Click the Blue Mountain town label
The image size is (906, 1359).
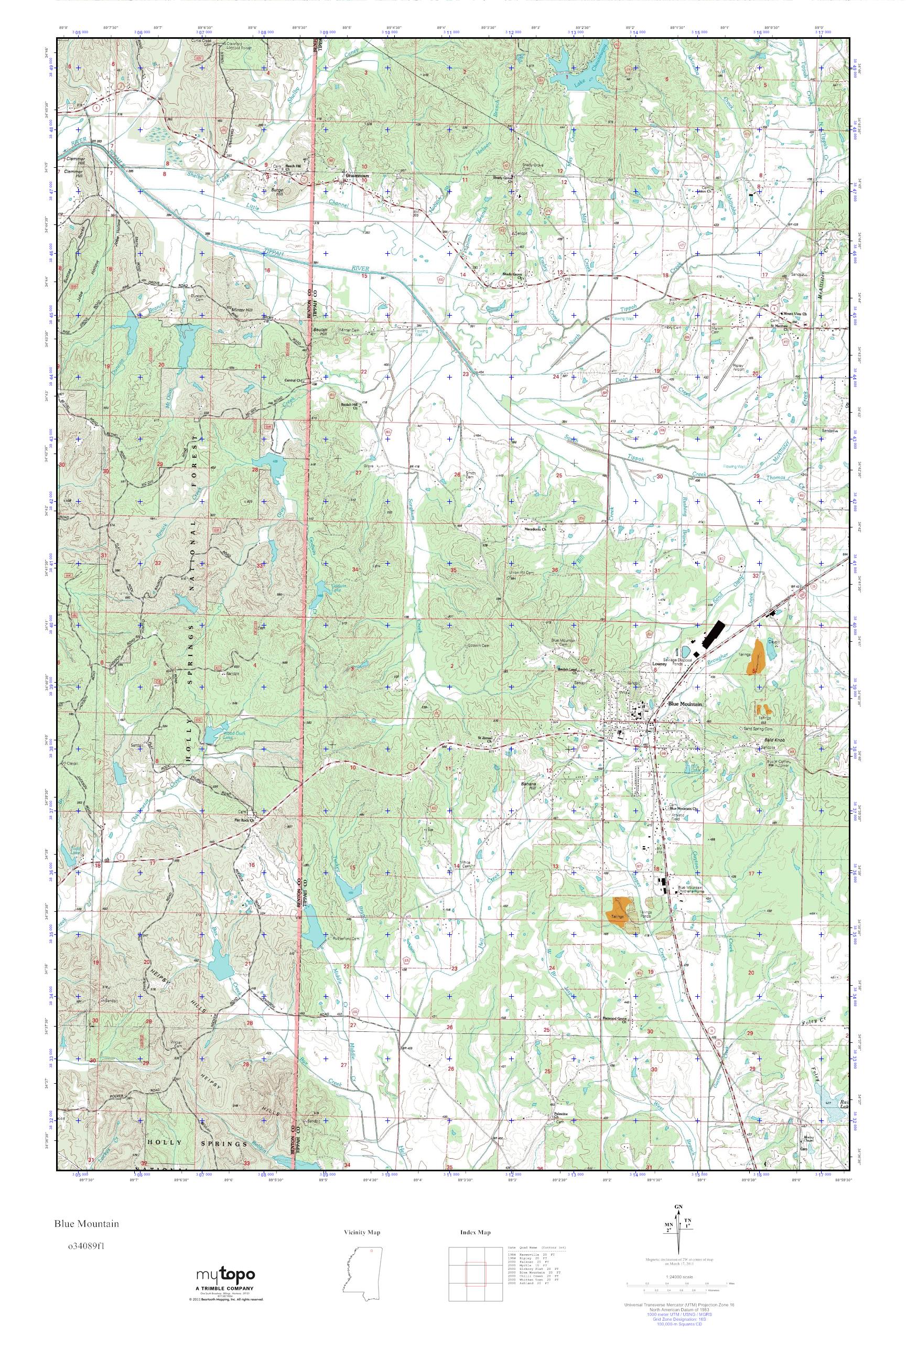click(x=685, y=704)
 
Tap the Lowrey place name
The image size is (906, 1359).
click(x=659, y=664)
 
